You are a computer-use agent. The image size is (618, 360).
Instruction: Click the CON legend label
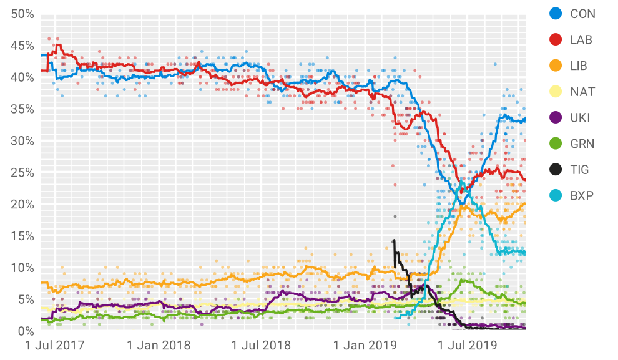click(x=582, y=14)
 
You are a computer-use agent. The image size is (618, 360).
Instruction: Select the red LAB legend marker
click(x=554, y=40)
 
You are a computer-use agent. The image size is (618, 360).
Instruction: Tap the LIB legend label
click(x=579, y=66)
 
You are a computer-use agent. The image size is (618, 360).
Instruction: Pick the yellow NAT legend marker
click(x=554, y=92)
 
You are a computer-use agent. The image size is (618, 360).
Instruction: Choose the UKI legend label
click(x=580, y=118)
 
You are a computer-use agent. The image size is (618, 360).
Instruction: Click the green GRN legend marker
click(x=554, y=144)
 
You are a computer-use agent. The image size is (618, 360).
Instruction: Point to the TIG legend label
click(x=579, y=170)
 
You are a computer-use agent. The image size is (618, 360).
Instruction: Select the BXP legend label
click(x=581, y=196)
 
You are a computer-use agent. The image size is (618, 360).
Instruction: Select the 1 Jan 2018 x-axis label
click(x=159, y=345)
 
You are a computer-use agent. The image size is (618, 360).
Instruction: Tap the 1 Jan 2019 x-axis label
click(x=365, y=345)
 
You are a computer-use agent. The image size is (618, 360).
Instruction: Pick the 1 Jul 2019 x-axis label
click(x=468, y=345)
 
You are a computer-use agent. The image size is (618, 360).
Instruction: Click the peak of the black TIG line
click(x=394, y=241)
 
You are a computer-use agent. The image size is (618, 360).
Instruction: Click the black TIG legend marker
click(x=554, y=170)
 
